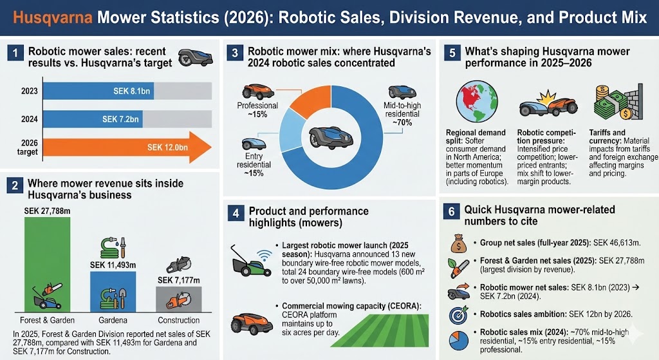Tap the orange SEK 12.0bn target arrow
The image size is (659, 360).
click(x=129, y=147)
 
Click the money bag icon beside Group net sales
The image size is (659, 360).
click(x=458, y=243)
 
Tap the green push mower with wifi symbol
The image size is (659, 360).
click(x=248, y=263)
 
